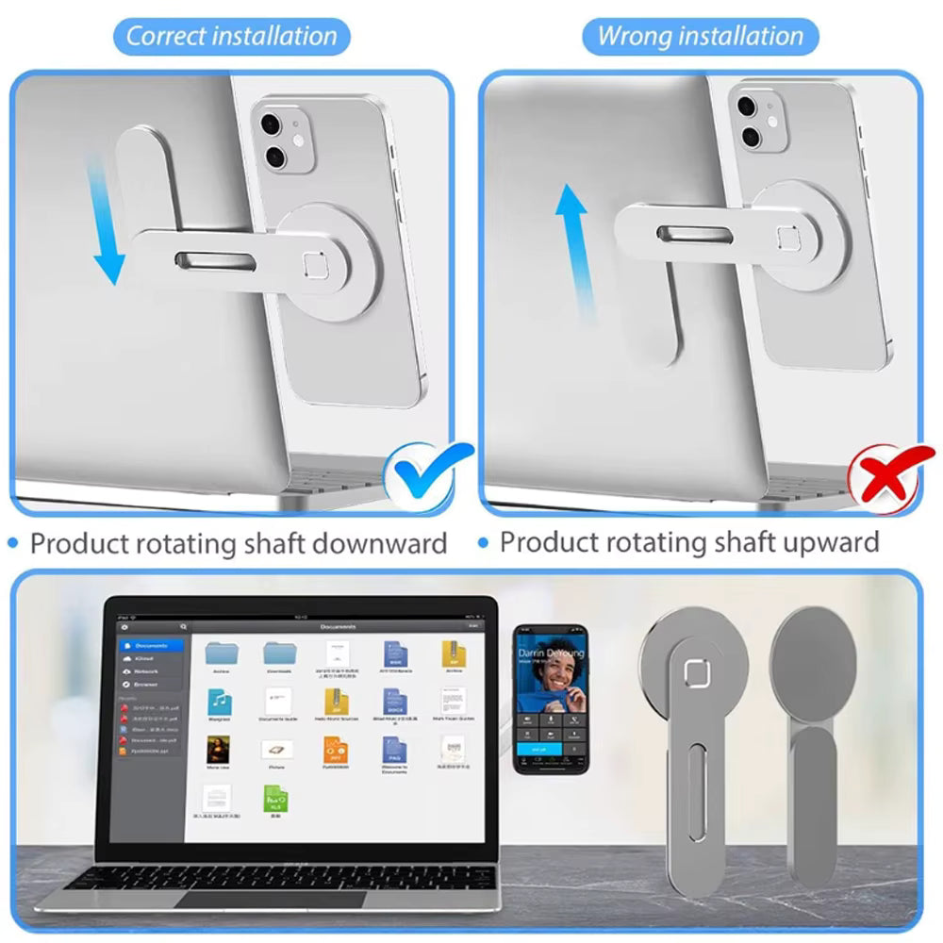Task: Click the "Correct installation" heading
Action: (x=231, y=37)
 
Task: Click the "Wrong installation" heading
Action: (x=700, y=37)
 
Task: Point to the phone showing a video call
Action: (x=551, y=697)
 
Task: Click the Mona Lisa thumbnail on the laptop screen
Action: (x=219, y=750)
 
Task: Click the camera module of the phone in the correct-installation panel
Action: (x=284, y=141)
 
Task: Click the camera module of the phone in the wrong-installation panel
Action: (x=762, y=120)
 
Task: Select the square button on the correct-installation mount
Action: (x=314, y=269)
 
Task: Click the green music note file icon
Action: (x=220, y=701)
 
